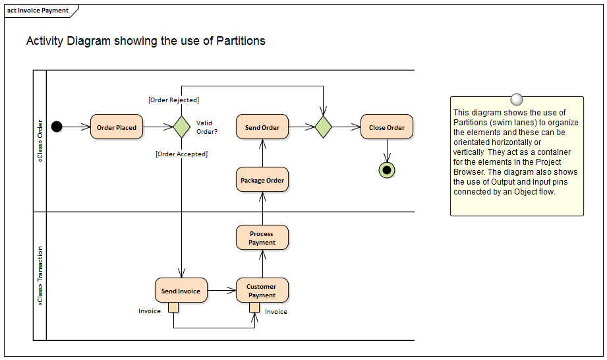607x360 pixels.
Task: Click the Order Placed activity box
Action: (x=117, y=127)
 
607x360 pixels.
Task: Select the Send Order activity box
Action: (x=262, y=127)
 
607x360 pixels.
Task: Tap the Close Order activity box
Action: (x=387, y=127)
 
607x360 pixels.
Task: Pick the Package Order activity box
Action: (x=262, y=180)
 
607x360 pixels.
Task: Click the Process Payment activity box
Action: (x=262, y=238)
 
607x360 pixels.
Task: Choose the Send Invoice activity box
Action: (x=181, y=291)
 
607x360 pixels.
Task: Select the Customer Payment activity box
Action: (x=262, y=291)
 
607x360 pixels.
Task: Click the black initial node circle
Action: (x=57, y=127)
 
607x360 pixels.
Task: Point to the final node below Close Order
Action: (x=387, y=170)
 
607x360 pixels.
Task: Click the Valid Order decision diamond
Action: (x=181, y=127)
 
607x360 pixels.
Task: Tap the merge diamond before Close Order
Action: (x=323, y=127)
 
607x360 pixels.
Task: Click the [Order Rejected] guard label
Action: (x=174, y=100)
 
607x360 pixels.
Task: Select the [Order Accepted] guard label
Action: (x=181, y=154)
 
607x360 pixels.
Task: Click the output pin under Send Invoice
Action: (x=173, y=307)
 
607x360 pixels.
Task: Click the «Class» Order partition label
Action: (x=40, y=141)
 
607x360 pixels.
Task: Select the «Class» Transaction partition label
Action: (x=40, y=276)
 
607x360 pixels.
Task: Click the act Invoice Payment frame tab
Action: (x=38, y=11)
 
